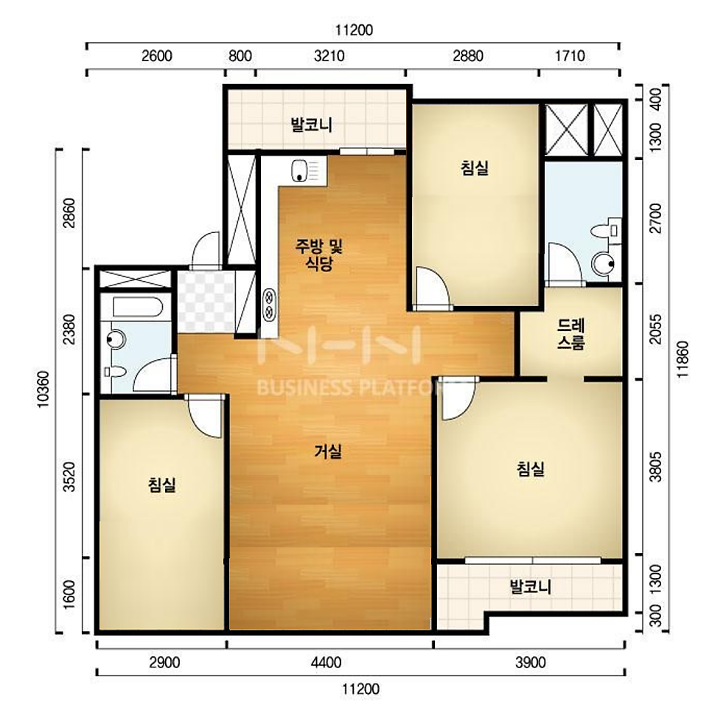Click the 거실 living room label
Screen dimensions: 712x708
coord(328,451)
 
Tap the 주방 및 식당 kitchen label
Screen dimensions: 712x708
coord(319,255)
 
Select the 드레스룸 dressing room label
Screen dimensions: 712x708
coord(571,334)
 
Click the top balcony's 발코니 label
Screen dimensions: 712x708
coord(312,124)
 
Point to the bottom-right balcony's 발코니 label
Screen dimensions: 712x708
coord(531,586)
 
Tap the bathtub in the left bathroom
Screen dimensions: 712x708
coord(138,307)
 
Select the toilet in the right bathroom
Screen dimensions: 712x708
coord(608,230)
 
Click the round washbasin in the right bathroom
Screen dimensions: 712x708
coord(604,263)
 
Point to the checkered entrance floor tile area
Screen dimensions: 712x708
coord(206,302)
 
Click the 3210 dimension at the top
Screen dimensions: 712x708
coord(329,56)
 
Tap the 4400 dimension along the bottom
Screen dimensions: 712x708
coord(326,662)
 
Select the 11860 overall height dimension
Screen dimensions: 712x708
coord(683,359)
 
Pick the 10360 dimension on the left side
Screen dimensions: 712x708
coord(43,389)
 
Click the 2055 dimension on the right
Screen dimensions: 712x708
coord(655,329)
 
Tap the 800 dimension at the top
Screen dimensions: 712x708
coord(240,56)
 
